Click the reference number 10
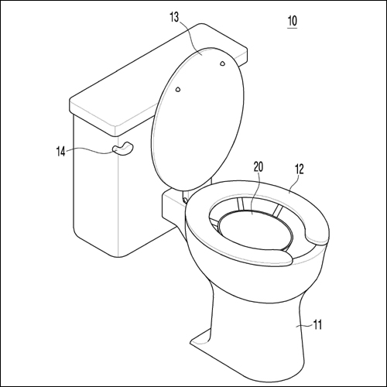(x=293, y=21)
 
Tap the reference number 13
(x=174, y=17)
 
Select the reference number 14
(x=61, y=151)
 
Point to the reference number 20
(x=259, y=167)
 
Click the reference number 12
(x=299, y=169)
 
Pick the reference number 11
(x=317, y=324)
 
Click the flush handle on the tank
(x=122, y=149)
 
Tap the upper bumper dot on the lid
(x=222, y=63)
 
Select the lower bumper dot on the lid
(x=178, y=89)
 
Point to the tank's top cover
(x=158, y=80)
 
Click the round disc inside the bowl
(x=255, y=229)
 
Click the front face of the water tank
(x=95, y=186)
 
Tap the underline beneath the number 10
(x=293, y=28)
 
